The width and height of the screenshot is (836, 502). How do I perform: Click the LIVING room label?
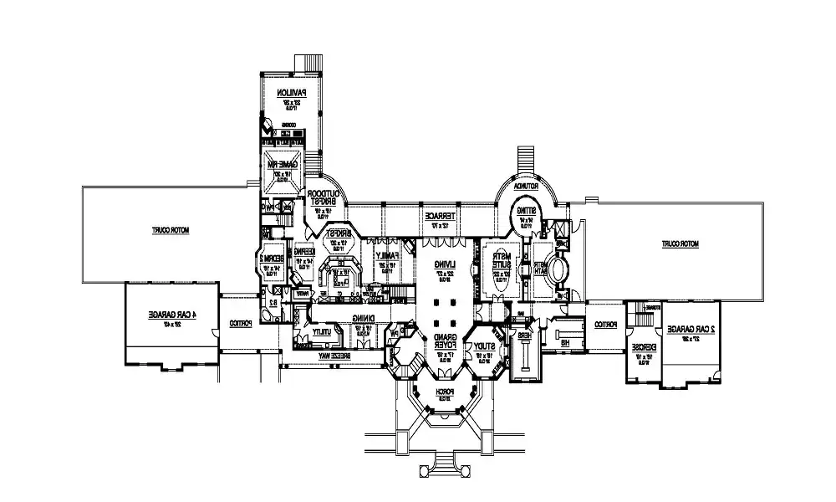(x=439, y=267)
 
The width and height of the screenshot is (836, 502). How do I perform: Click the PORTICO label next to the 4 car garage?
(x=239, y=324)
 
